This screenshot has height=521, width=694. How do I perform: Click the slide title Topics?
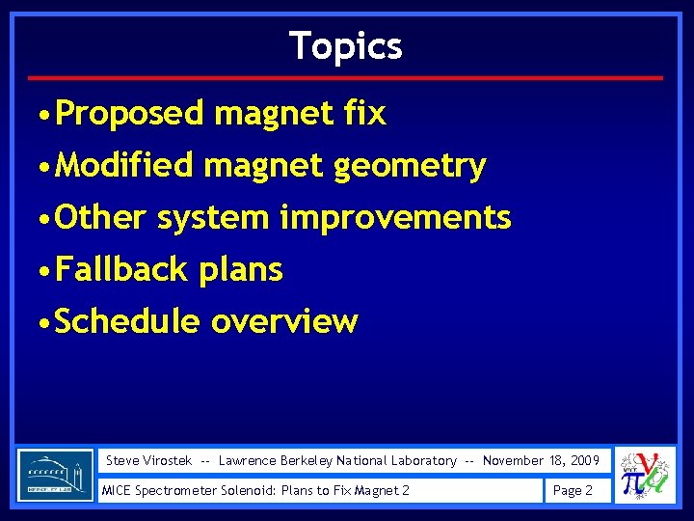tap(346, 45)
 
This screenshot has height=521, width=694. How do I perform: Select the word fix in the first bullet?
tap(364, 114)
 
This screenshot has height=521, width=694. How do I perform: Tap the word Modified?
tap(124, 166)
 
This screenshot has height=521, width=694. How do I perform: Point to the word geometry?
tap(410, 167)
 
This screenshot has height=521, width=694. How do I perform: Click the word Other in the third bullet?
tap(101, 217)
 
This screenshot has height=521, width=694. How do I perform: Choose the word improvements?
tap(395, 218)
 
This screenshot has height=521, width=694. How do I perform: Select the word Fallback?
tap(122, 269)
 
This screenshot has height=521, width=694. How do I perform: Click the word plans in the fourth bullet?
tap(241, 270)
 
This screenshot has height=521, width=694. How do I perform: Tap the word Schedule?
tap(127, 321)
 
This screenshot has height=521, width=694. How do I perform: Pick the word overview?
tap(284, 321)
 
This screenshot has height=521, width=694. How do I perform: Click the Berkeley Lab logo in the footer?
tap(56, 475)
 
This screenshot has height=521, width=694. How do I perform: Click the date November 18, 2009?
tap(541, 461)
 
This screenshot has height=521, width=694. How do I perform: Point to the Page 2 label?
tap(573, 490)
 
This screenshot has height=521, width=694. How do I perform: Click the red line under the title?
tap(346, 77)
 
